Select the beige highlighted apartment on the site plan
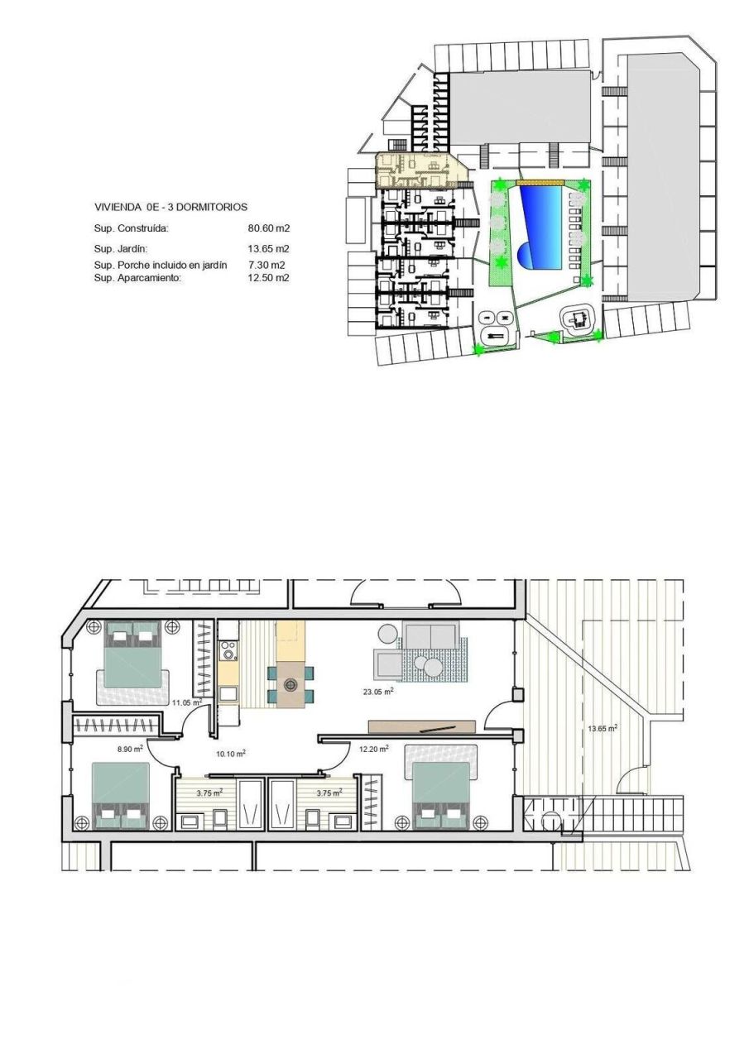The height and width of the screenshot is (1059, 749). click(418, 170)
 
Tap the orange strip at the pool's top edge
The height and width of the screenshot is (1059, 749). click(540, 183)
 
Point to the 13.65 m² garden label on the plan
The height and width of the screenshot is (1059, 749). click(603, 729)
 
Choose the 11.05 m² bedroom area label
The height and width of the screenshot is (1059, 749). click(187, 702)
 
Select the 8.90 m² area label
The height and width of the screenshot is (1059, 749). click(131, 748)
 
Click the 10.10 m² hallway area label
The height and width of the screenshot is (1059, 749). click(230, 753)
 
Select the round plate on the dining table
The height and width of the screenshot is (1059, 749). click(290, 684)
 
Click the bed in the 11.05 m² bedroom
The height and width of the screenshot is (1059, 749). click(132, 662)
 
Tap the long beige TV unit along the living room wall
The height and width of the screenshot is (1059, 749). click(422, 726)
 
